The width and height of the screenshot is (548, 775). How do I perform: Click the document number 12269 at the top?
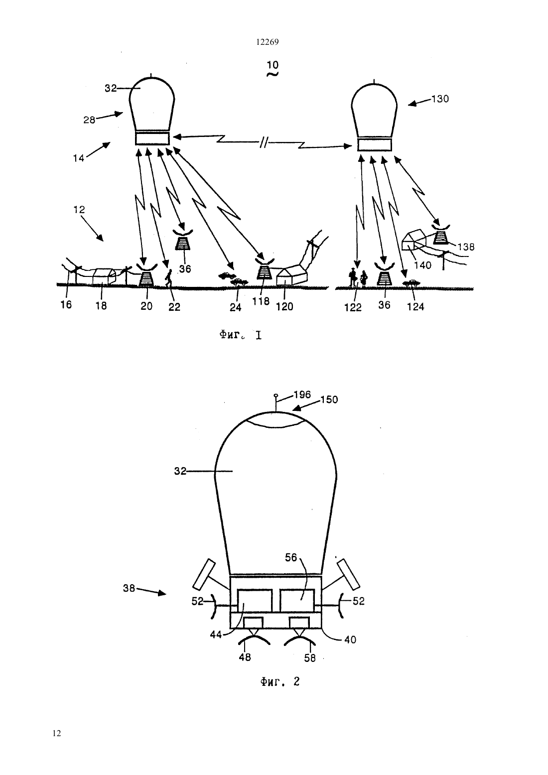(267, 42)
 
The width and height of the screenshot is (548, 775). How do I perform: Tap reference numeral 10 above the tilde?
(273, 65)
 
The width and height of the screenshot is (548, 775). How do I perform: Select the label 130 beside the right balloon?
(440, 99)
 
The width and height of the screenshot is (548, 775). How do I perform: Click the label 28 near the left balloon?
(89, 120)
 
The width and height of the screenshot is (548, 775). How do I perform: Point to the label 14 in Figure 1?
(79, 158)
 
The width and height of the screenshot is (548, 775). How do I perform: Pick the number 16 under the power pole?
(66, 304)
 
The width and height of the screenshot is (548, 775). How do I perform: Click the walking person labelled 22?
(169, 278)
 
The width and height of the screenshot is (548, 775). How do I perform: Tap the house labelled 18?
(104, 277)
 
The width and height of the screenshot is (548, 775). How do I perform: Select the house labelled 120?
(291, 275)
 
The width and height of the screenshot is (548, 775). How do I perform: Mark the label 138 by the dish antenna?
(466, 247)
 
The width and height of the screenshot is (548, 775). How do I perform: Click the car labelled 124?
(411, 283)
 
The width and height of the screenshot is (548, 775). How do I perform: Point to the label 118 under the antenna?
(261, 301)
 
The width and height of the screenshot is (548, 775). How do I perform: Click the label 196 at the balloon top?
(302, 395)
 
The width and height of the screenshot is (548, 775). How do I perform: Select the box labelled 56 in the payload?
(297, 600)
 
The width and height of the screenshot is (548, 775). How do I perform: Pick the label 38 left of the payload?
(129, 588)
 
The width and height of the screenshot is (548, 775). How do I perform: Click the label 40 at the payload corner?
(350, 640)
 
